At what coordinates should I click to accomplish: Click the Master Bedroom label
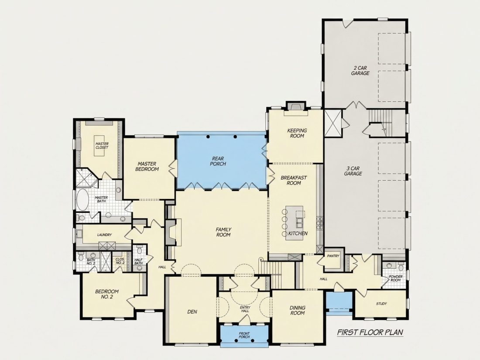(147, 167)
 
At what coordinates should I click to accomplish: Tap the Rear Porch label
(218, 161)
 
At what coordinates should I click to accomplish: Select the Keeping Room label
(297, 133)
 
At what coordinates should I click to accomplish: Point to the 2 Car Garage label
(360, 71)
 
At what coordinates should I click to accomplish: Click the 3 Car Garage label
(353, 171)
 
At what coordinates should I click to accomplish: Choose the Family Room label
(223, 232)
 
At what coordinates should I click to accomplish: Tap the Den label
(192, 312)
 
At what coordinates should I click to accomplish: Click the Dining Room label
(298, 310)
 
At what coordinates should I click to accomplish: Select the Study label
(381, 304)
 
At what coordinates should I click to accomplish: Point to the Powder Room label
(395, 278)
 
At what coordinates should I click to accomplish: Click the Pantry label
(333, 256)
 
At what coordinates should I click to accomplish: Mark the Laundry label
(104, 235)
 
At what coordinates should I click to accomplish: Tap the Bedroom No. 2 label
(107, 294)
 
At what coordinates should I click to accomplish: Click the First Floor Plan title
(370, 332)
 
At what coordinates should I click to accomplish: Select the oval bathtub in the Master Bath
(82, 199)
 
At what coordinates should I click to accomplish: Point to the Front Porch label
(244, 335)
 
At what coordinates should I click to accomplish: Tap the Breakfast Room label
(294, 180)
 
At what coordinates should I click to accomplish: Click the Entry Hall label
(245, 309)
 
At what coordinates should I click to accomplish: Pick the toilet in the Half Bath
(140, 250)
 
